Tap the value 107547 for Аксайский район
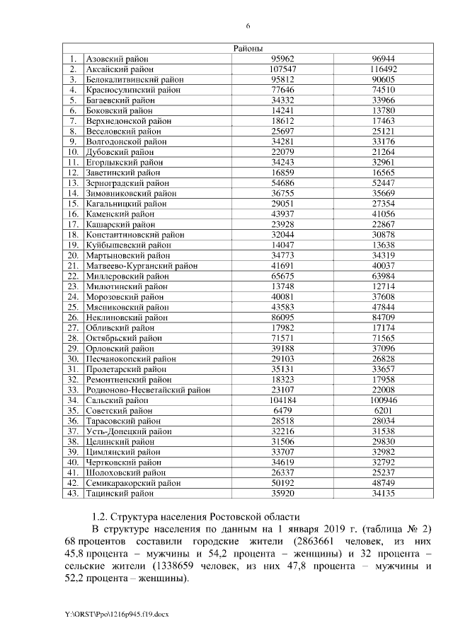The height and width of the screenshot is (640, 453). click(273, 70)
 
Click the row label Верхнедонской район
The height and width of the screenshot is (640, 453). click(128, 121)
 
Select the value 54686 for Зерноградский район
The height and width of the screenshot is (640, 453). click(273, 182)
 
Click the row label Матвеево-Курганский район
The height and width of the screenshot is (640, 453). click(141, 266)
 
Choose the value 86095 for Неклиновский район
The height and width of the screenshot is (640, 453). click(273, 318)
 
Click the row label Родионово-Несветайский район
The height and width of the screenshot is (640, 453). click(147, 389)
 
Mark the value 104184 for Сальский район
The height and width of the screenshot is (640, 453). click(273, 400)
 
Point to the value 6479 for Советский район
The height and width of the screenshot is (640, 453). click(273, 409)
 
